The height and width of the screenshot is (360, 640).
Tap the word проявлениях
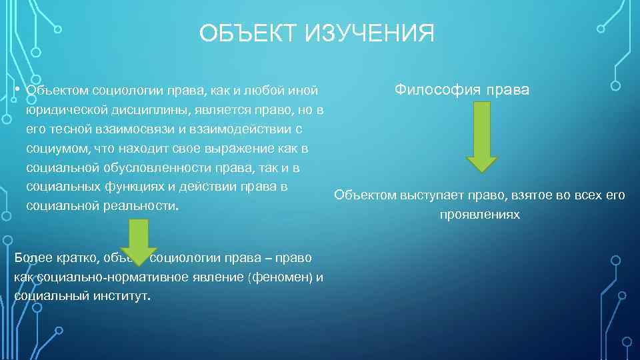(x=479, y=215)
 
